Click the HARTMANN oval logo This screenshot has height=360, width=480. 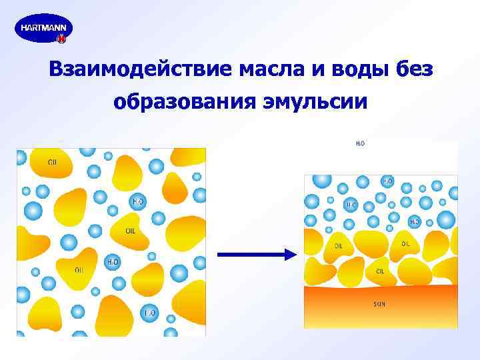click(43, 29)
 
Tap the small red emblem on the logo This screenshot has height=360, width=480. click(61, 39)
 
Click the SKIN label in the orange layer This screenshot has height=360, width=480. click(379, 304)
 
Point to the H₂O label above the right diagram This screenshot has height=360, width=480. click(360, 143)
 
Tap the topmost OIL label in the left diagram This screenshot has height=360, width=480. click(52, 161)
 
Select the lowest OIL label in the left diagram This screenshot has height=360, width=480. click(79, 269)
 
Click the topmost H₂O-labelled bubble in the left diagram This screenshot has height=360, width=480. click(138, 201)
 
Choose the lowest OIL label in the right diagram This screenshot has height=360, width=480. click(380, 271)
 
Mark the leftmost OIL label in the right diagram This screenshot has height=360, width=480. click(339, 245)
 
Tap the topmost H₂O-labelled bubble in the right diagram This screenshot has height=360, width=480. click(387, 181)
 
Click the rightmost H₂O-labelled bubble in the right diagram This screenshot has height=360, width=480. click(415, 221)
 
